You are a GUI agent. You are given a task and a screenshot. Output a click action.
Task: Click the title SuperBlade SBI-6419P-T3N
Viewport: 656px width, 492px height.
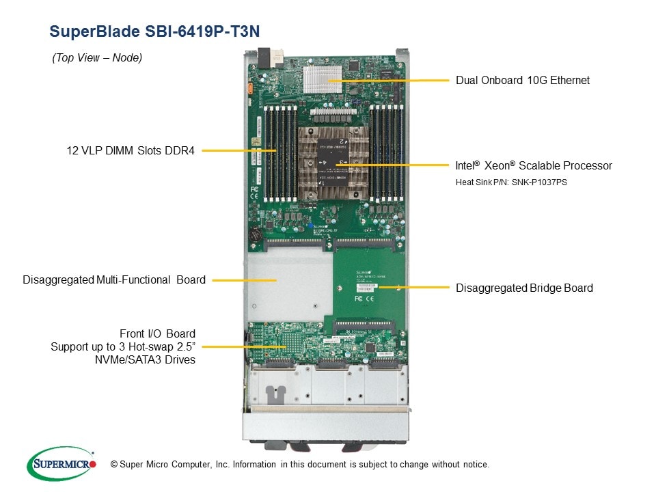pos(155,31)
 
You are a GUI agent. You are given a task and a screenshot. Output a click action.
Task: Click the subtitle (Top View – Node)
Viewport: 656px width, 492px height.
pos(97,58)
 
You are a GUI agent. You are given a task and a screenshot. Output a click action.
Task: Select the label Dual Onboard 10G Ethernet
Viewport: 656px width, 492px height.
pos(522,81)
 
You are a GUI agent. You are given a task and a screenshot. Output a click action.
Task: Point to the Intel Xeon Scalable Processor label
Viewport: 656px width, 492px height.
pos(534,166)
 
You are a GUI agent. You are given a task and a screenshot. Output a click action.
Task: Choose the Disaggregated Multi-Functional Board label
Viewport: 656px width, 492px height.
pos(114,279)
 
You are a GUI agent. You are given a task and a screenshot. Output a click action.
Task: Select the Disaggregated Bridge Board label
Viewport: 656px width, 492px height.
pos(524,288)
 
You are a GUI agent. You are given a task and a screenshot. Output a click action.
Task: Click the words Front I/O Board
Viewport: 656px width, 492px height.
pos(157,333)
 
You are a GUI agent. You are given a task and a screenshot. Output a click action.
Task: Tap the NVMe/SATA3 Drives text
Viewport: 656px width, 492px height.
pos(145,360)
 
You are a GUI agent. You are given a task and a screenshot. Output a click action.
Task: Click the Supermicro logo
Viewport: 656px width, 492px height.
pos(61,464)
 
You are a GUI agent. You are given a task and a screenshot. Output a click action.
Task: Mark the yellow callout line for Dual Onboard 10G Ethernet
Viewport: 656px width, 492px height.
pos(396,81)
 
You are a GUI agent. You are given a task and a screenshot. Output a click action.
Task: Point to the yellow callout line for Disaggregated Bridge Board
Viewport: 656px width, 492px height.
pos(413,288)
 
